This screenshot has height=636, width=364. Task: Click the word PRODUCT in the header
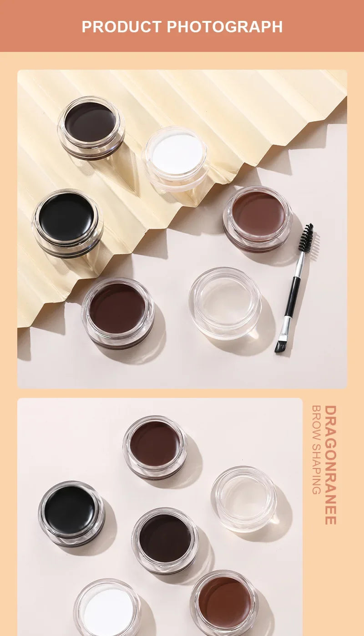[x=121, y=26]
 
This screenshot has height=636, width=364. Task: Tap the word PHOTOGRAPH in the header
[x=225, y=26]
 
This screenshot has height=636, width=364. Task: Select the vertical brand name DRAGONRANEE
[x=330, y=465]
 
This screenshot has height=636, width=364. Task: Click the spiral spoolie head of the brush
[x=306, y=238]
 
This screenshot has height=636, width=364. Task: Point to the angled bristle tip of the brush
[x=280, y=347]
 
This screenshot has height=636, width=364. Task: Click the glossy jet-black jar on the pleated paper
[x=66, y=218]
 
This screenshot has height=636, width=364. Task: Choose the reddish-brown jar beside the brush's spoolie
[x=258, y=214]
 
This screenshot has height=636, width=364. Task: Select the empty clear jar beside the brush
[x=225, y=302]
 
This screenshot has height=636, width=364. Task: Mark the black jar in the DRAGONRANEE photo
[x=70, y=510]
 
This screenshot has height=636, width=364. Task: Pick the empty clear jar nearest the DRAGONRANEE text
[x=243, y=497]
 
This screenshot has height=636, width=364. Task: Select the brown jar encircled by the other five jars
[x=165, y=539]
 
